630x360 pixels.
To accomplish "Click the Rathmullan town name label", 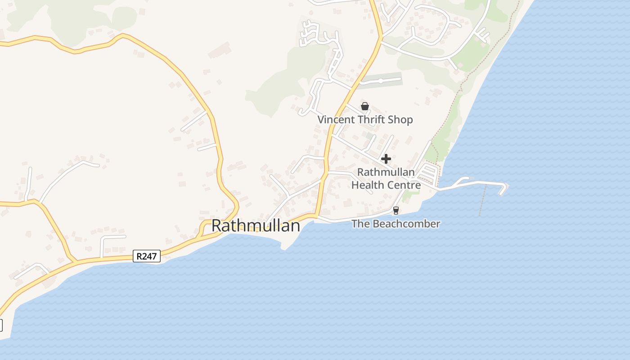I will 256,225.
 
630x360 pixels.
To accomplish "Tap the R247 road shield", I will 147,256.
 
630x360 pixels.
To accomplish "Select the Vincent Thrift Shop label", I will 365,120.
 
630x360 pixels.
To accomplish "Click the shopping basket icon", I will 365,107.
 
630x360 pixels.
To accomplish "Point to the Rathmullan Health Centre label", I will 386,179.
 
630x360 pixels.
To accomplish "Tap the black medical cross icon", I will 386,159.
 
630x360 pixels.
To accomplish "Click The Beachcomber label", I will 396,224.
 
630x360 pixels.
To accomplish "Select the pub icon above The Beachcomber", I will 396,210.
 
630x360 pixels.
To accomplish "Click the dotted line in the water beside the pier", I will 482,202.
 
